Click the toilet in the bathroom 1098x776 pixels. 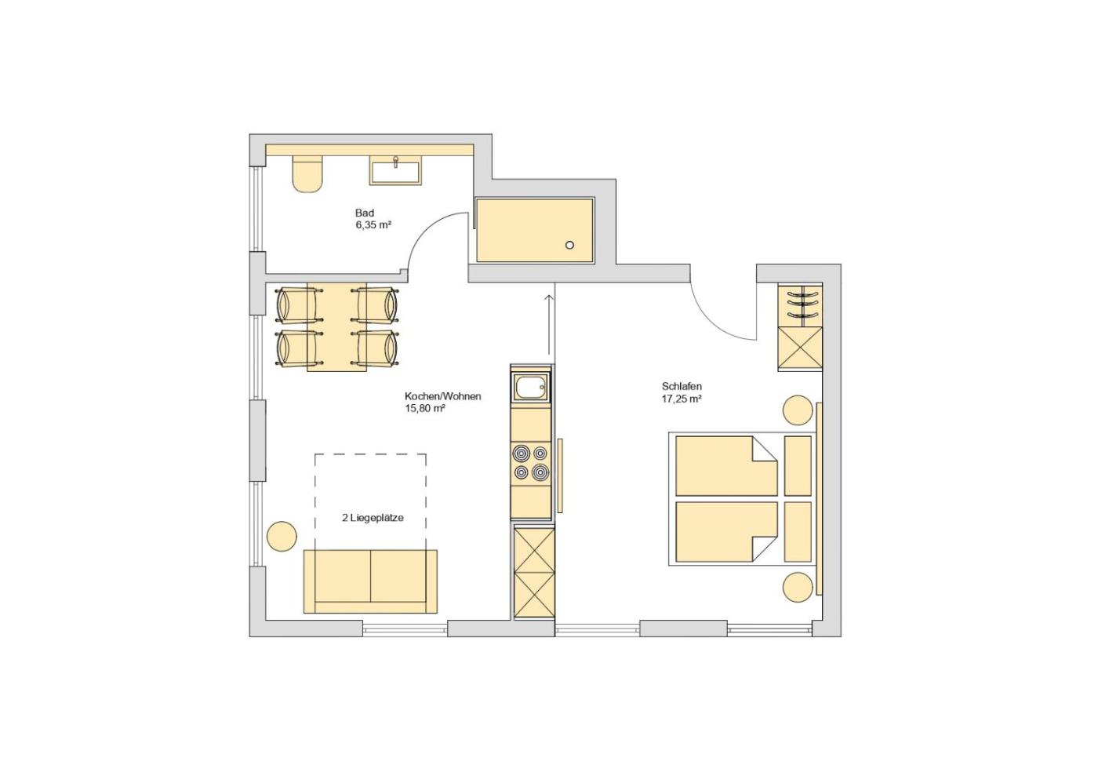(307, 174)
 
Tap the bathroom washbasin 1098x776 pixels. (395, 171)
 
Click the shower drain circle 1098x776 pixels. (569, 245)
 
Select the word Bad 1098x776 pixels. (364, 213)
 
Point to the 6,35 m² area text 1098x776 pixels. (373, 225)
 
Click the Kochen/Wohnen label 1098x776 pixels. (442, 396)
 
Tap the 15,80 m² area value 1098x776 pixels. (424, 408)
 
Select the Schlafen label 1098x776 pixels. (682, 387)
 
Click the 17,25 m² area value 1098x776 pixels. (682, 399)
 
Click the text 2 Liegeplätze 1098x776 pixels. (373, 518)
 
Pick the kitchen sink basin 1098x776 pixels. (530, 388)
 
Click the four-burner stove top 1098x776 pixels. (530, 463)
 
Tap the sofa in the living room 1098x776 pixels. (370, 581)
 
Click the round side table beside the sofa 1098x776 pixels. (282, 536)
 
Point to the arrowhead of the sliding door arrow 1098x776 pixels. (549, 297)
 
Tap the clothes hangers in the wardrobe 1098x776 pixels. (802, 303)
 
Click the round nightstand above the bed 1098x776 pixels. (798, 410)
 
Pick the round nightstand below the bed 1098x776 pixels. (798, 588)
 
